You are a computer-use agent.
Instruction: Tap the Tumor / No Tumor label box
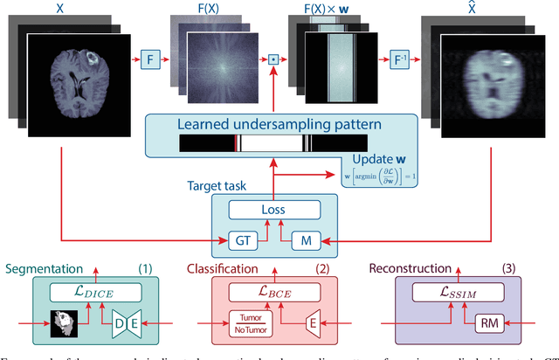[247, 322]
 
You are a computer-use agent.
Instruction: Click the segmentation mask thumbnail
[61, 322]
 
